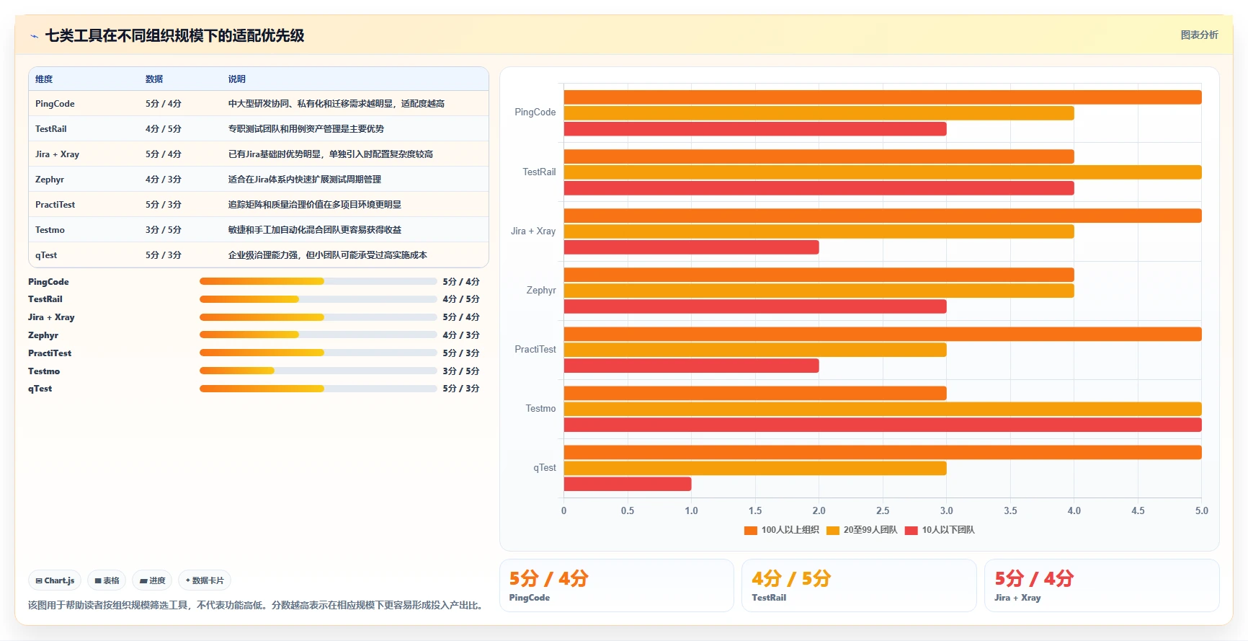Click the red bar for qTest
coord(628,484)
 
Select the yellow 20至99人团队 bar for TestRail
coord(883,172)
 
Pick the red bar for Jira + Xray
coord(692,247)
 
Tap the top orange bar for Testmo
coord(755,393)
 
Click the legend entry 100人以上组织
coord(782,530)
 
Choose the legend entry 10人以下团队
coord(940,530)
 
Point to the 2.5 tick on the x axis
coord(883,510)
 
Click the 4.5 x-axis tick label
coord(1138,510)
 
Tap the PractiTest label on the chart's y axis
coord(535,349)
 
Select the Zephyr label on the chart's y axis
coord(541,290)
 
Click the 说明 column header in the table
coord(237,79)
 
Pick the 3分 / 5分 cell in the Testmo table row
coord(164,230)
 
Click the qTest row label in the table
coord(46,255)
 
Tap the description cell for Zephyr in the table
coord(305,180)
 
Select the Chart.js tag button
coord(55,580)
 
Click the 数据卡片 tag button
coord(205,580)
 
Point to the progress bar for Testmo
coord(318,371)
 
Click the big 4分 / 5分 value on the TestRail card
coord(791,578)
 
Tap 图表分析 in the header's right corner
coord(1200,35)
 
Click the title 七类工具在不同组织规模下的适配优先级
coord(175,35)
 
